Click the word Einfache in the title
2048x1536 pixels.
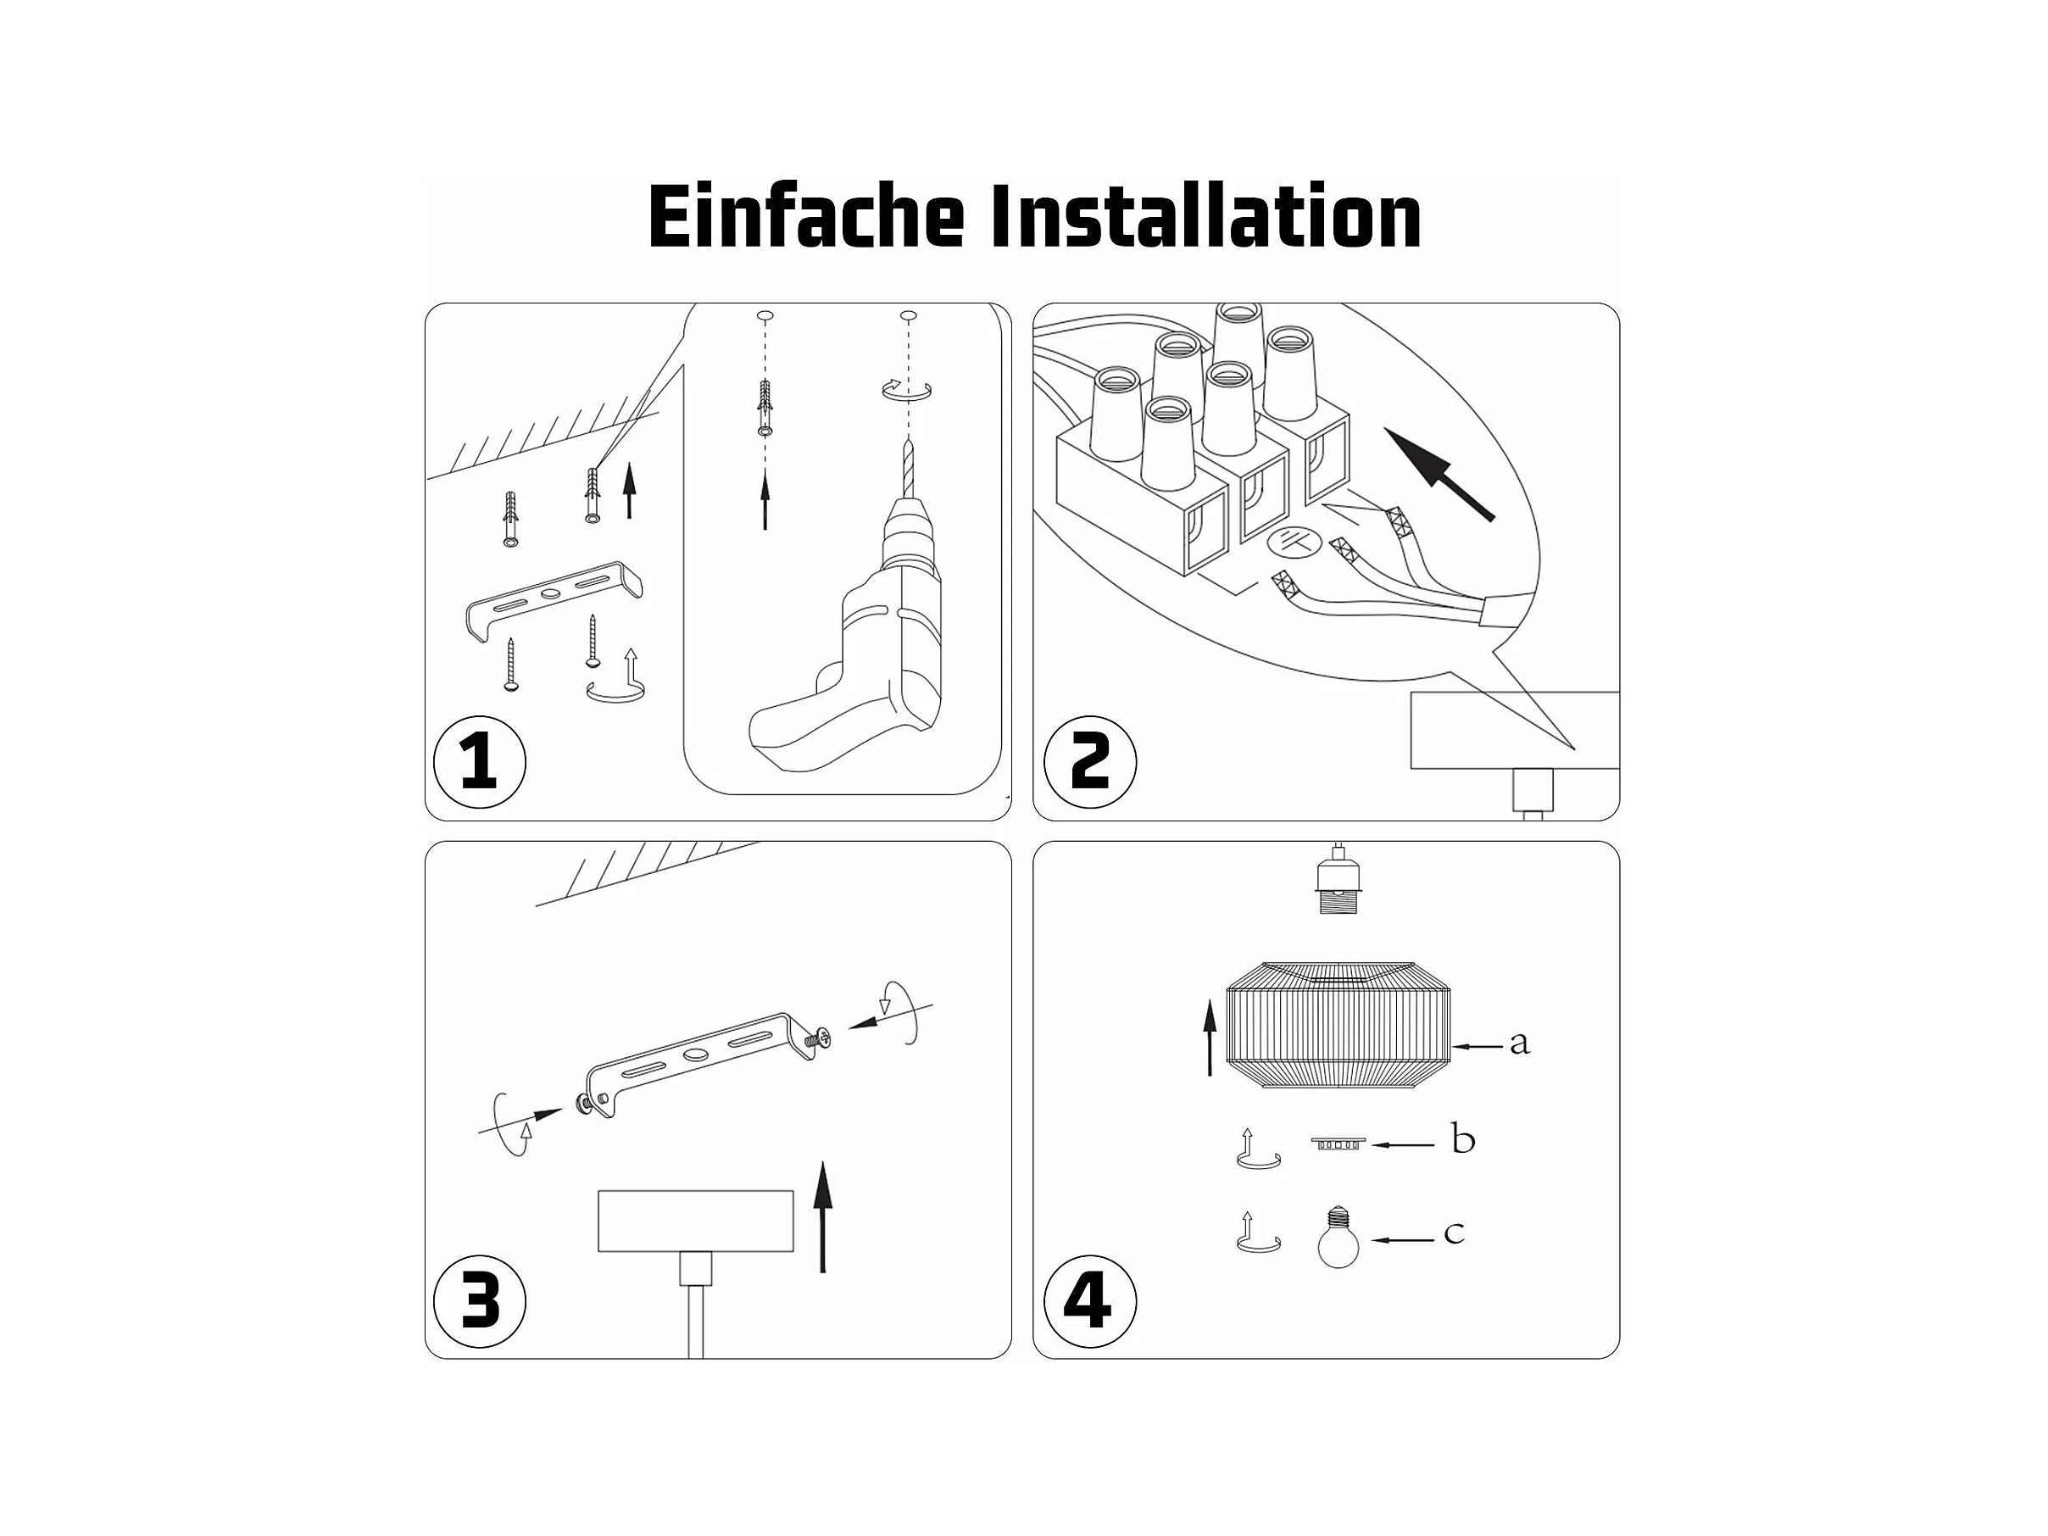(805, 217)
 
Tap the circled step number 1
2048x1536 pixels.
(480, 761)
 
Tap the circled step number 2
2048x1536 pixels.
(1090, 761)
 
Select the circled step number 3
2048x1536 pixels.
(480, 1301)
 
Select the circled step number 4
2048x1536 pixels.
(1090, 1301)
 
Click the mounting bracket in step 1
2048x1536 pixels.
(554, 600)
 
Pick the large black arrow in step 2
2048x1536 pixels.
(1439, 473)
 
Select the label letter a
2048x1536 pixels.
(1519, 1043)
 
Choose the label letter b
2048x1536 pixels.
(1464, 1138)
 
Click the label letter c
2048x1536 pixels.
(1455, 1233)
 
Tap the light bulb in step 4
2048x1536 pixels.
(1338, 1237)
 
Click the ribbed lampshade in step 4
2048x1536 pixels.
(1338, 1024)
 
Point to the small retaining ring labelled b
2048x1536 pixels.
(1338, 1144)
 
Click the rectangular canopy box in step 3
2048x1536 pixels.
(695, 1222)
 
